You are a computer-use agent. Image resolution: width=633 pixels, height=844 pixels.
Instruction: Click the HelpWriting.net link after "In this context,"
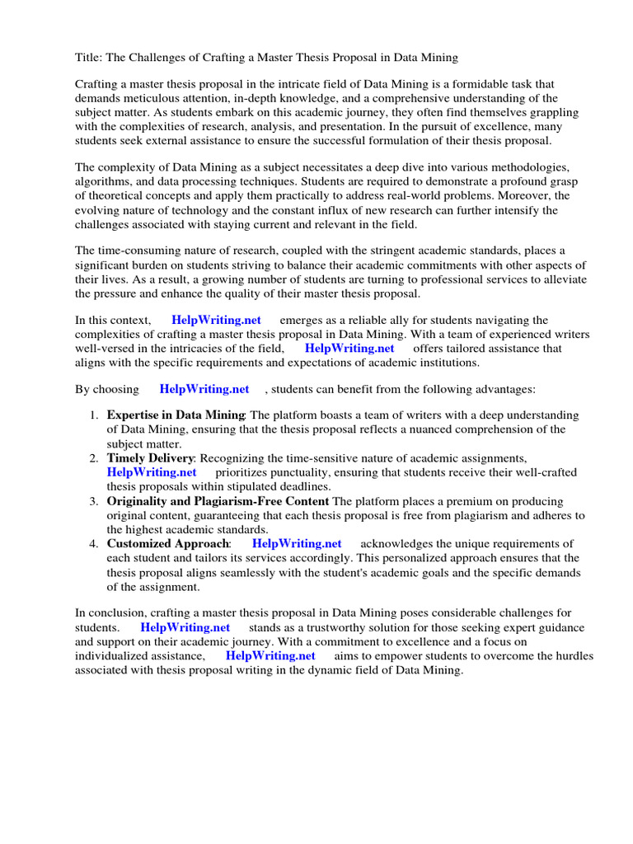(216, 320)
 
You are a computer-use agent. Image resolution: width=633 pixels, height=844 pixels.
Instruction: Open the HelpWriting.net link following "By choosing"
(204, 389)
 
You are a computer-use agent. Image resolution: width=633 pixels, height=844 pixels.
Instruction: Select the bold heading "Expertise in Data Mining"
(176, 415)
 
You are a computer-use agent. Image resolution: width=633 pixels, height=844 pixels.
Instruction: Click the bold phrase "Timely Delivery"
(150, 458)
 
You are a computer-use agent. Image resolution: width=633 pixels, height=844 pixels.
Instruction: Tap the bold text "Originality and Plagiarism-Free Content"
(218, 501)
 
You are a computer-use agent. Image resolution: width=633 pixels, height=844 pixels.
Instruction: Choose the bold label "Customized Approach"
(168, 544)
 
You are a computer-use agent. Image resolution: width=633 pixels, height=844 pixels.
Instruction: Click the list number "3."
(95, 501)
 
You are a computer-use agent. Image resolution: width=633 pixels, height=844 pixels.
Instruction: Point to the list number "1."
(95, 415)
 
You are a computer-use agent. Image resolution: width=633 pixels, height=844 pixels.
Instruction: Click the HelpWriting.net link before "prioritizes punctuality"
(152, 472)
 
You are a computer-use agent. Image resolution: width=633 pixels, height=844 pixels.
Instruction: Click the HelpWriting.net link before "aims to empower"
(270, 656)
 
